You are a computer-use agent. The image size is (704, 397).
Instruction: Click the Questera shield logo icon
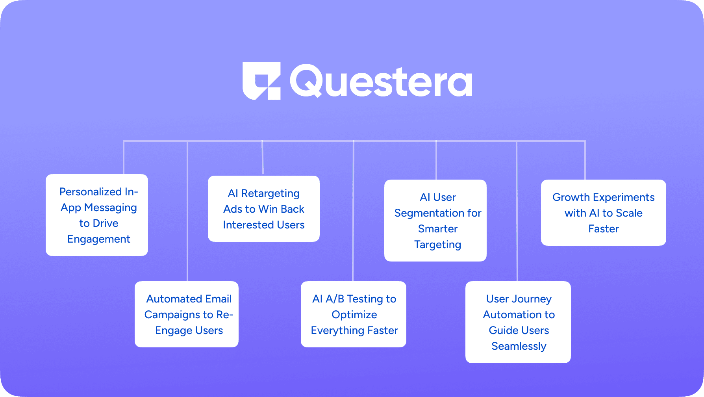pos(261,81)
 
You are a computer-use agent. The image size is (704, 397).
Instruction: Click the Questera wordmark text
pos(381,82)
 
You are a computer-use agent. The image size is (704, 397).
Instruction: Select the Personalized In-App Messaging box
pos(97,215)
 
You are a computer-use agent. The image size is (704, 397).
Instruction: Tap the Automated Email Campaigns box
pos(187,314)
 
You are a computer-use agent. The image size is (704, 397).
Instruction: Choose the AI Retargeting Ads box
pos(264,209)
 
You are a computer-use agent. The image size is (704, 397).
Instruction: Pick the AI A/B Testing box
pos(354,314)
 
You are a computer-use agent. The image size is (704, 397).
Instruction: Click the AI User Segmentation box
pos(435,221)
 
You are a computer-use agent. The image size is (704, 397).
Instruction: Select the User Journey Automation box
pos(518,322)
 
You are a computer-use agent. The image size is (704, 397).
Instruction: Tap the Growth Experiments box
pos(604,213)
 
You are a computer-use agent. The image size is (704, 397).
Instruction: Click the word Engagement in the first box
pos(99,239)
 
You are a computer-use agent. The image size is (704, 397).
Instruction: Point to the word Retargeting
pos(270,193)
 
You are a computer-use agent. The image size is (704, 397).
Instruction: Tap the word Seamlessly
pos(519,346)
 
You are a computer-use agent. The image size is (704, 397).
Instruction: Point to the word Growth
pos(571,197)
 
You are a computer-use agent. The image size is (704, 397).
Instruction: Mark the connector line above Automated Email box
pos(187,211)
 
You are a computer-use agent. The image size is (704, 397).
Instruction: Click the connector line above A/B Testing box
pos(354,211)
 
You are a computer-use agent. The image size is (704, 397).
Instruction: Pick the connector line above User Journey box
pos(517,211)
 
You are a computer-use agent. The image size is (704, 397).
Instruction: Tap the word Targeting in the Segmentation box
pos(438,245)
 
